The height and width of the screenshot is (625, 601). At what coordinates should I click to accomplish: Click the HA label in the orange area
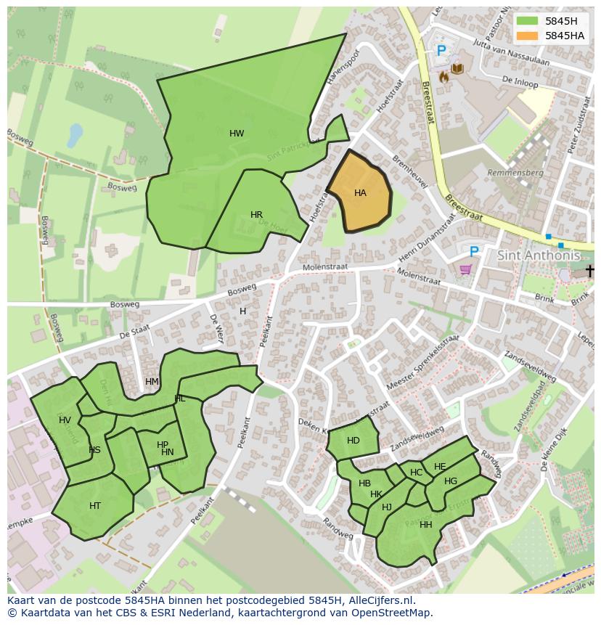[360, 193]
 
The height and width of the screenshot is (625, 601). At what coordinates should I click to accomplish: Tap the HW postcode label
[237, 134]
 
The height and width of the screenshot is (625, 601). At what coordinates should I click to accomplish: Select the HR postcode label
[256, 215]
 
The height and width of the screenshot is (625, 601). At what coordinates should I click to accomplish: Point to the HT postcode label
[95, 506]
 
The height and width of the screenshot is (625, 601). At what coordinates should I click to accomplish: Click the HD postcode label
[353, 441]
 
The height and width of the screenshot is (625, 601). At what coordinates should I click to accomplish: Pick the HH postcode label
[426, 525]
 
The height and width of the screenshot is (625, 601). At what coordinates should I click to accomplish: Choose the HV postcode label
[65, 420]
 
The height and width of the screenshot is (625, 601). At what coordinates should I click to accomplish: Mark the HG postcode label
[451, 481]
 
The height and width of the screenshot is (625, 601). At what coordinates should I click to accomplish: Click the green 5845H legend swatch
[528, 22]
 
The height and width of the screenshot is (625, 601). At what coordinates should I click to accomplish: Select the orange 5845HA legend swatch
[528, 36]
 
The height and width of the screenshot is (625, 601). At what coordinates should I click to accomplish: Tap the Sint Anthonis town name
[539, 256]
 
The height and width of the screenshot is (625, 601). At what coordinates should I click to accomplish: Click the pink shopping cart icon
[465, 269]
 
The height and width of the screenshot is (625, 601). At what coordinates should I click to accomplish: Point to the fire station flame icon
[443, 75]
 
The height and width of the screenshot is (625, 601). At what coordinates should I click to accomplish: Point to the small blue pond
[75, 134]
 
